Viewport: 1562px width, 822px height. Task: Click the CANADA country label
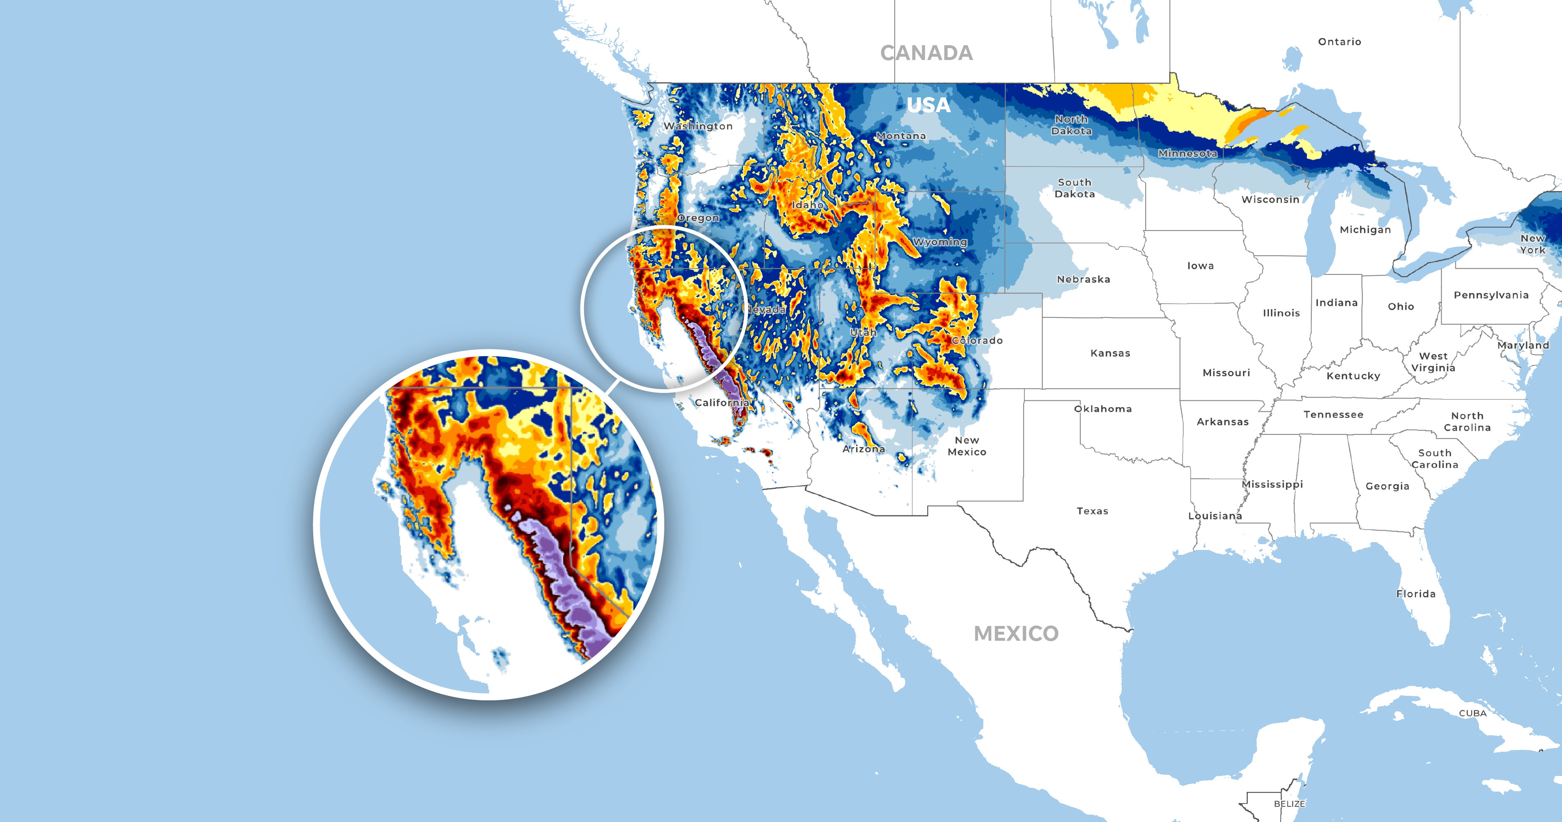[926, 53]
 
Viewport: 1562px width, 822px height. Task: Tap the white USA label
[928, 105]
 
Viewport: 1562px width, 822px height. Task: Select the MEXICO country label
[1016, 633]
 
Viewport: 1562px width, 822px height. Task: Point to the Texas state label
[1092, 511]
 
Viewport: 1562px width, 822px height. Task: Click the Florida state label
[1415, 594]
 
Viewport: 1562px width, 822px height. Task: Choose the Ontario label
[1340, 42]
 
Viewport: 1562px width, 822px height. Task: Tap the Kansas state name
[1110, 353]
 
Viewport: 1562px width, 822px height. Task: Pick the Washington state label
[698, 126]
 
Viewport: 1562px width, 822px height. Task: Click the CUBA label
[1472, 713]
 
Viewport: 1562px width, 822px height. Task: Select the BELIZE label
[1289, 804]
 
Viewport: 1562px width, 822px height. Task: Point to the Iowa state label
[1200, 266]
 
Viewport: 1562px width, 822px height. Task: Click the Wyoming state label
[940, 242]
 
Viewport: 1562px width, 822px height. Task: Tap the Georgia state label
[1387, 486]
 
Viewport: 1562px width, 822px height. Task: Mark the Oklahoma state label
[1102, 409]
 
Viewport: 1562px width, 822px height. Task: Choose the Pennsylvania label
[1490, 295]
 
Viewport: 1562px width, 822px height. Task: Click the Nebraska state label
[1083, 279]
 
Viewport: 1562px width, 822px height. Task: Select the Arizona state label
[864, 449]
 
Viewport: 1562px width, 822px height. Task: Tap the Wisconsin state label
[1270, 199]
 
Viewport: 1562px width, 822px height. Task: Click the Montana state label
[901, 136]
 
